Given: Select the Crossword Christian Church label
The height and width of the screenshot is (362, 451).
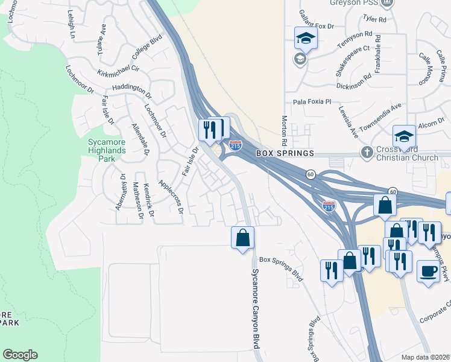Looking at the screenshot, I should coord(405,154).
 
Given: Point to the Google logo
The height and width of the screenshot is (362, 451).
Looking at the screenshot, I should coord(20,355).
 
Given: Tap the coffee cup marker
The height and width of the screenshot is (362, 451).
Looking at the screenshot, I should coord(428,271).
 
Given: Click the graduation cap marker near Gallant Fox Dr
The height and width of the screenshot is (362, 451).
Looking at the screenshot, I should coord(306,39).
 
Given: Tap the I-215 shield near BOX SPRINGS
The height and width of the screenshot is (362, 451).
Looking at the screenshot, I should coord(235,145).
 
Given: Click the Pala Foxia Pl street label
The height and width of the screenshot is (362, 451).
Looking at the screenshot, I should coord(312,102).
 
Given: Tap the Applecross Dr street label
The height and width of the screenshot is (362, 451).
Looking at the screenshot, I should coord(170,196).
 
